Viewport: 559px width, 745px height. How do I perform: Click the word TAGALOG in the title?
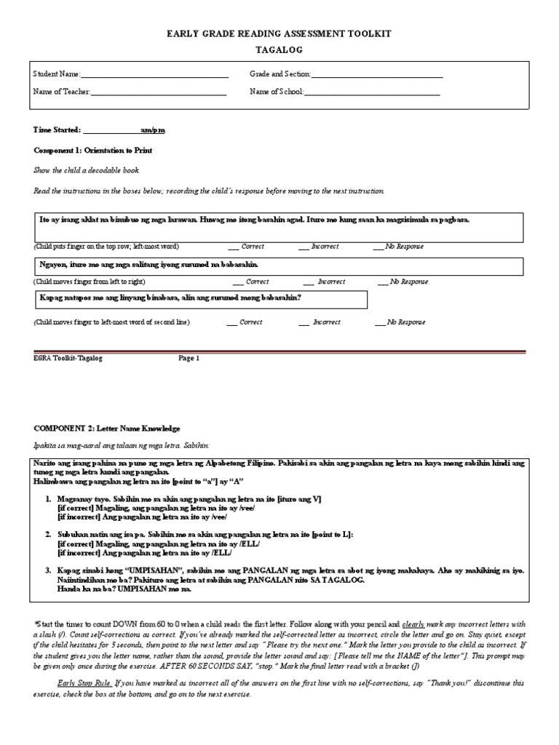(279, 50)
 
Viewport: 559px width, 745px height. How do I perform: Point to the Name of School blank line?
(372, 93)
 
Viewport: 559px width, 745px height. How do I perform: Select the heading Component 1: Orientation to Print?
(93, 150)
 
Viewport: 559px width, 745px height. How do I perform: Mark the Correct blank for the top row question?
(234, 247)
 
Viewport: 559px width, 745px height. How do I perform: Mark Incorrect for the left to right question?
(309, 282)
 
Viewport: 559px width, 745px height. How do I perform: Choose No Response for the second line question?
(380, 322)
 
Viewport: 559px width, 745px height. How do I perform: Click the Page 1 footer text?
(189, 358)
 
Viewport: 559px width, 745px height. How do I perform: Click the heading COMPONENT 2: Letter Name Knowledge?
(107, 429)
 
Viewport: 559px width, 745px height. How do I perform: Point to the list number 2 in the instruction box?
(47, 534)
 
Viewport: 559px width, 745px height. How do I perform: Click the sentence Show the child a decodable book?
(87, 170)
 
